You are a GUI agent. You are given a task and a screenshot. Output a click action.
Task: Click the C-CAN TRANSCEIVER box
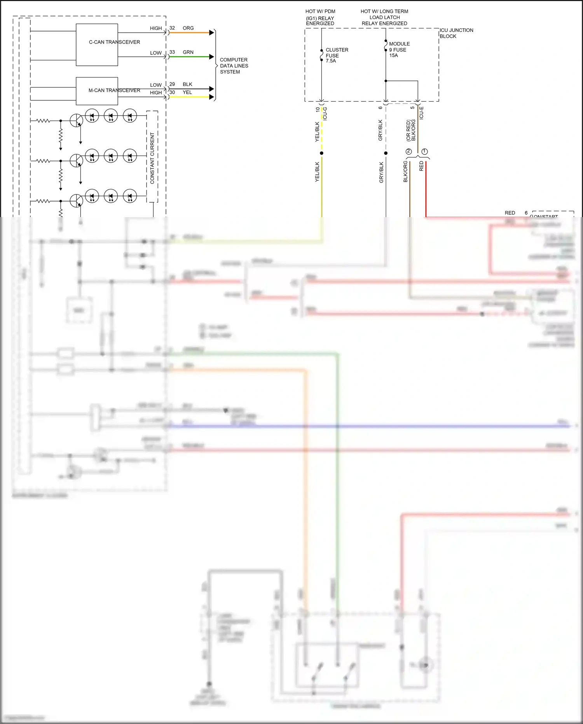[97, 45]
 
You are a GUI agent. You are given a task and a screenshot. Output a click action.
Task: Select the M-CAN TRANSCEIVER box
[97, 91]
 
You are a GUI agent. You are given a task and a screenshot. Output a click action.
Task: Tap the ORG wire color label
[188, 28]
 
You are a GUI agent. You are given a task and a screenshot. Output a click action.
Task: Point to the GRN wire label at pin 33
[188, 52]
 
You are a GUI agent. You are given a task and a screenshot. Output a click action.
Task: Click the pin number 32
[172, 28]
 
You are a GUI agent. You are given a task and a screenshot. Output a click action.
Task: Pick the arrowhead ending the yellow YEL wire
[212, 97]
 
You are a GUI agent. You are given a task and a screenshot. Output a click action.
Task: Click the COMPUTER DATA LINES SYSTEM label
[234, 66]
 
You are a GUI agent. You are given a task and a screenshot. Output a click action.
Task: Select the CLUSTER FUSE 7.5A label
[337, 55]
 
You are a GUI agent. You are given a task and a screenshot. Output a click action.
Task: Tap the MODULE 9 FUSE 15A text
[399, 49]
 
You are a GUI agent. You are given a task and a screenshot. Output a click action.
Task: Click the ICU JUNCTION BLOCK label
[456, 33]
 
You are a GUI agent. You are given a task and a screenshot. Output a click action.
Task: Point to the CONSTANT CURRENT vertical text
[152, 158]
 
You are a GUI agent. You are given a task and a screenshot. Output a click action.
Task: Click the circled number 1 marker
[424, 151]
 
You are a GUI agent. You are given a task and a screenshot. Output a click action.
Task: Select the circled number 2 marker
[408, 151]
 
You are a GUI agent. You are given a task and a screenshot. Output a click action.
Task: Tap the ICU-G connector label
[325, 114]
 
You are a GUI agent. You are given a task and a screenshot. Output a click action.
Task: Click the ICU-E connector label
[421, 113]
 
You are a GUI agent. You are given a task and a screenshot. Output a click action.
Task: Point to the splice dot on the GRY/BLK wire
[386, 153]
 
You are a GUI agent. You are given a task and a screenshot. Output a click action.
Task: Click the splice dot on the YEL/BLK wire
[322, 153]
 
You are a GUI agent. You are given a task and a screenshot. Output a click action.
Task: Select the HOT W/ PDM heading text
[320, 11]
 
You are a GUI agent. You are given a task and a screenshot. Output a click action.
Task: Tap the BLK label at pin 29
[187, 84]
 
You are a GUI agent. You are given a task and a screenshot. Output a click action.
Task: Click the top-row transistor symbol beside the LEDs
[77, 121]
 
